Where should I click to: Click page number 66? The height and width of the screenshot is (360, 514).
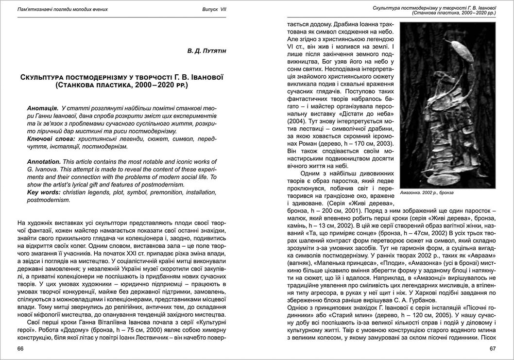(x=20, y=348)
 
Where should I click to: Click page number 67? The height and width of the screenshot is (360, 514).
(x=492, y=348)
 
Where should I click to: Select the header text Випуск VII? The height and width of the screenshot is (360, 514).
(x=214, y=10)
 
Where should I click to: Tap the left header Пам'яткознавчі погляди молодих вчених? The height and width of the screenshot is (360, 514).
(x=63, y=10)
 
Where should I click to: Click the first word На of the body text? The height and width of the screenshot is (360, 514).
(x=22, y=222)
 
